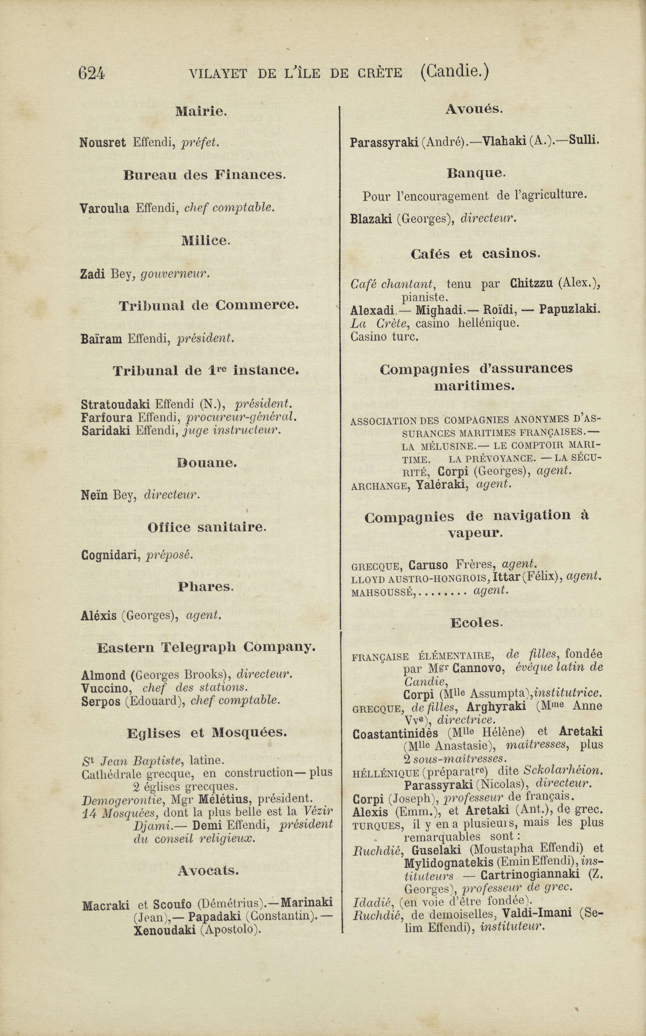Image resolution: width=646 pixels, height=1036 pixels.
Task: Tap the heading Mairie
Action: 200,112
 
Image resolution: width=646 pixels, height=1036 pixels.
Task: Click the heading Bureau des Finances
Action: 204,175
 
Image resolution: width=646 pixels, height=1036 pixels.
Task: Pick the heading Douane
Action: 207,463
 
